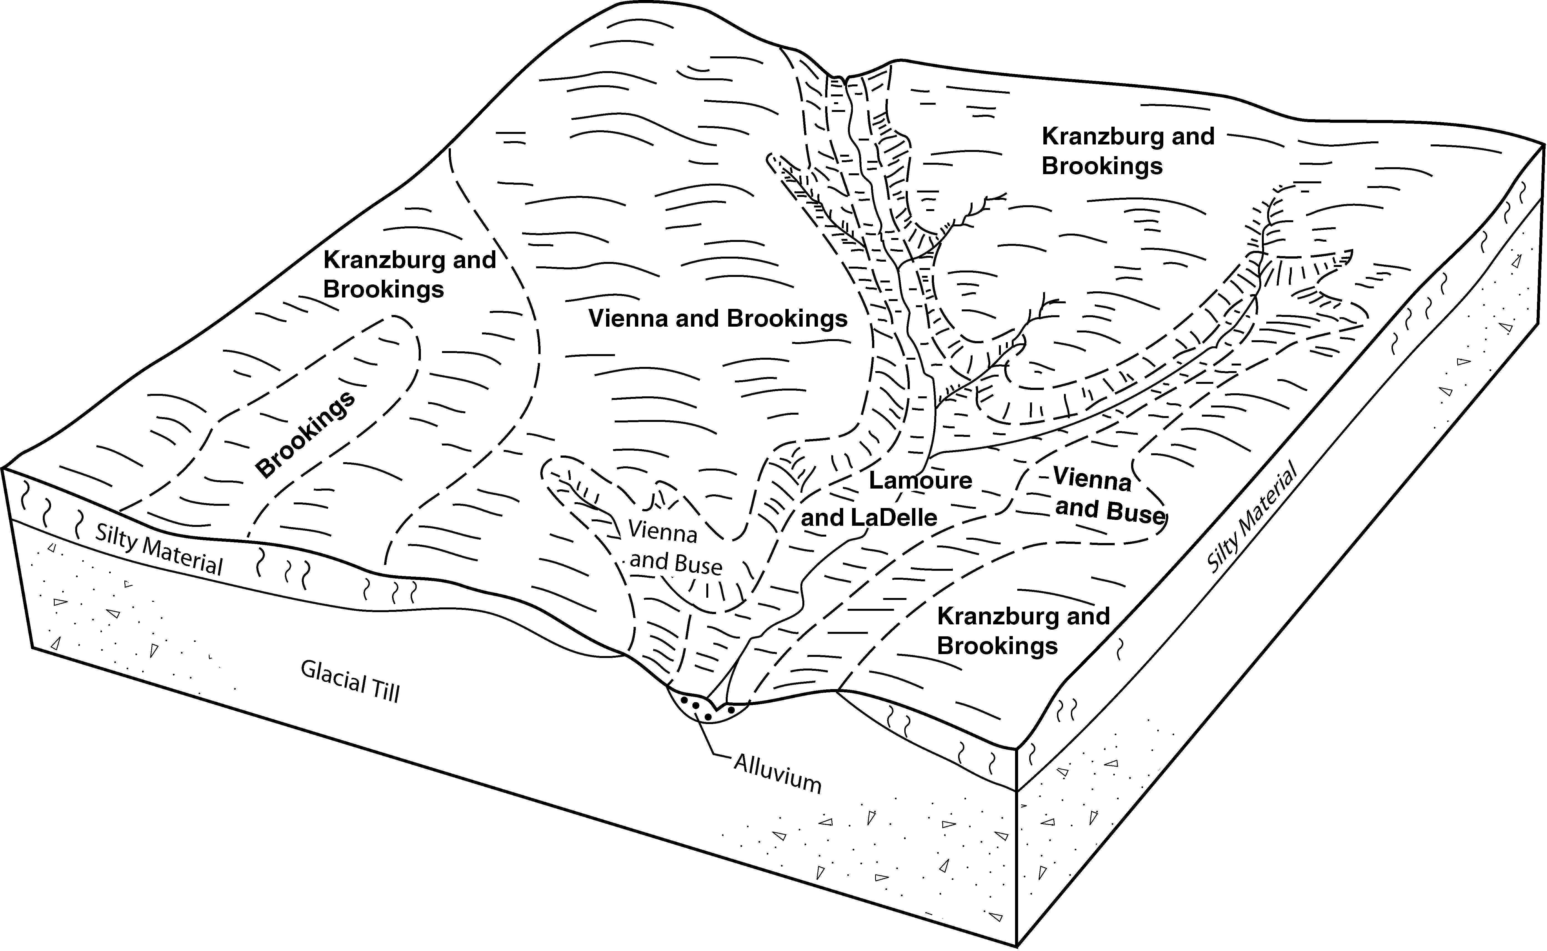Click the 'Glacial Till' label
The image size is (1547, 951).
point(350,680)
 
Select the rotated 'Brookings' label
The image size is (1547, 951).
point(306,434)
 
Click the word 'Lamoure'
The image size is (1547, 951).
point(920,480)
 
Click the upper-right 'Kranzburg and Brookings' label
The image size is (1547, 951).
point(1128,151)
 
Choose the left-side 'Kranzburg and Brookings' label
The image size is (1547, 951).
point(409,274)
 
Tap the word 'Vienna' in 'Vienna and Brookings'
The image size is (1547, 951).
point(627,318)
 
